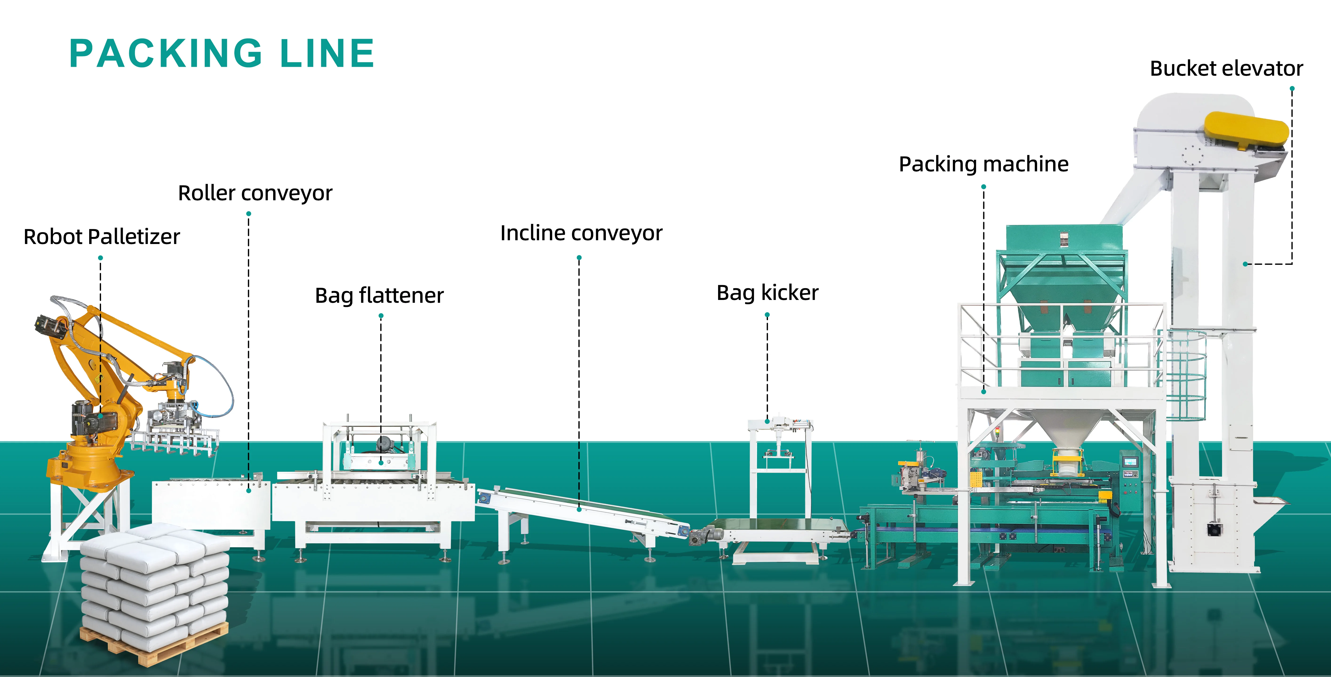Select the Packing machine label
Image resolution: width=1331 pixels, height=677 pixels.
pos(983,164)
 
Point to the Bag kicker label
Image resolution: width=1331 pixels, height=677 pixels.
pos(767,293)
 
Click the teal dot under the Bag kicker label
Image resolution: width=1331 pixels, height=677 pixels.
pos(767,315)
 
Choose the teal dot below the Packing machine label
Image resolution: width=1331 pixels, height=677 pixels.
pos(984,186)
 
